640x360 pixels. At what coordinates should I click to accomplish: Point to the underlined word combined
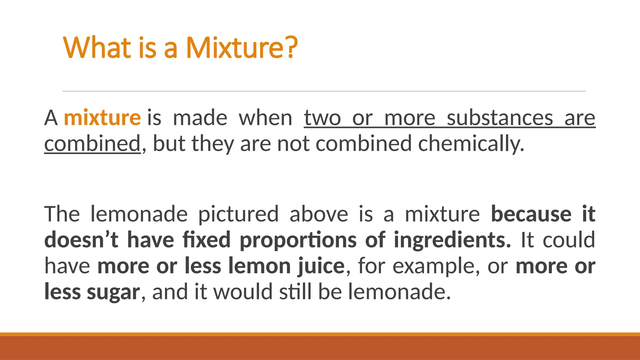click(92, 143)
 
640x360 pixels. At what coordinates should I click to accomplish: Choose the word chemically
click(471, 143)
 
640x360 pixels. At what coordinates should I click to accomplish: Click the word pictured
click(238, 214)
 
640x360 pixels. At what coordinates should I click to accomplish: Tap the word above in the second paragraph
click(319, 214)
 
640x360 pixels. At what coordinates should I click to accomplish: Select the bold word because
click(531, 214)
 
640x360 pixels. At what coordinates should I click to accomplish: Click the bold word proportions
click(298, 240)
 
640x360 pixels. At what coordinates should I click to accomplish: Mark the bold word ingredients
click(452, 240)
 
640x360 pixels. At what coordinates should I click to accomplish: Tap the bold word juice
click(321, 266)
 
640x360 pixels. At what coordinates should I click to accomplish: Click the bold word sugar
click(113, 292)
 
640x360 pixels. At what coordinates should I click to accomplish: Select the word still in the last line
click(295, 292)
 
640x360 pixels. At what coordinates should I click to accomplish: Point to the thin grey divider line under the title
click(324, 91)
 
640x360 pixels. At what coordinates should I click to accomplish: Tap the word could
click(568, 240)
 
